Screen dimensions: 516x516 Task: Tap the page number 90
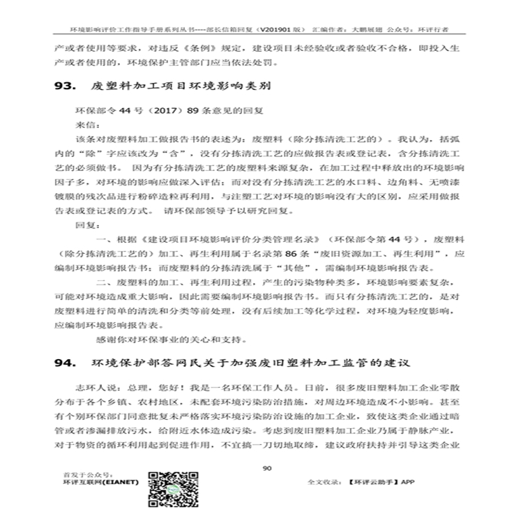point(266,469)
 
